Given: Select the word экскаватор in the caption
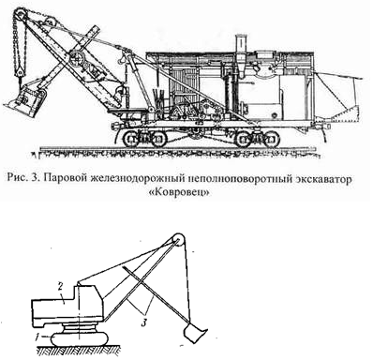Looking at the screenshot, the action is [x=316, y=180].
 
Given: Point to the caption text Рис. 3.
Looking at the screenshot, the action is [x=24, y=179].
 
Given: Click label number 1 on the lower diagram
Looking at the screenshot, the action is [x=37, y=336].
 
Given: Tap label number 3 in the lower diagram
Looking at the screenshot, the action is [x=144, y=322].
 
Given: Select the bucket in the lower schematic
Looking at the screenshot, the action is [x=194, y=332].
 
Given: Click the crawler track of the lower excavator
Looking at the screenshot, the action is [x=80, y=338].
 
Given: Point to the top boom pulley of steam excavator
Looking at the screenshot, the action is [x=20, y=14].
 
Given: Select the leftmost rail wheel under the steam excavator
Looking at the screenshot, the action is [x=130, y=139].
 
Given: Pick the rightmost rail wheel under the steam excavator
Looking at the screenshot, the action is [x=271, y=139].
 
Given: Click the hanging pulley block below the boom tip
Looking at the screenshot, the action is [x=21, y=70].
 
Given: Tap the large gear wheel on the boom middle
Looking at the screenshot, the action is [x=76, y=57].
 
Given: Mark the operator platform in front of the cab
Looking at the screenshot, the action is [x=128, y=110].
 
